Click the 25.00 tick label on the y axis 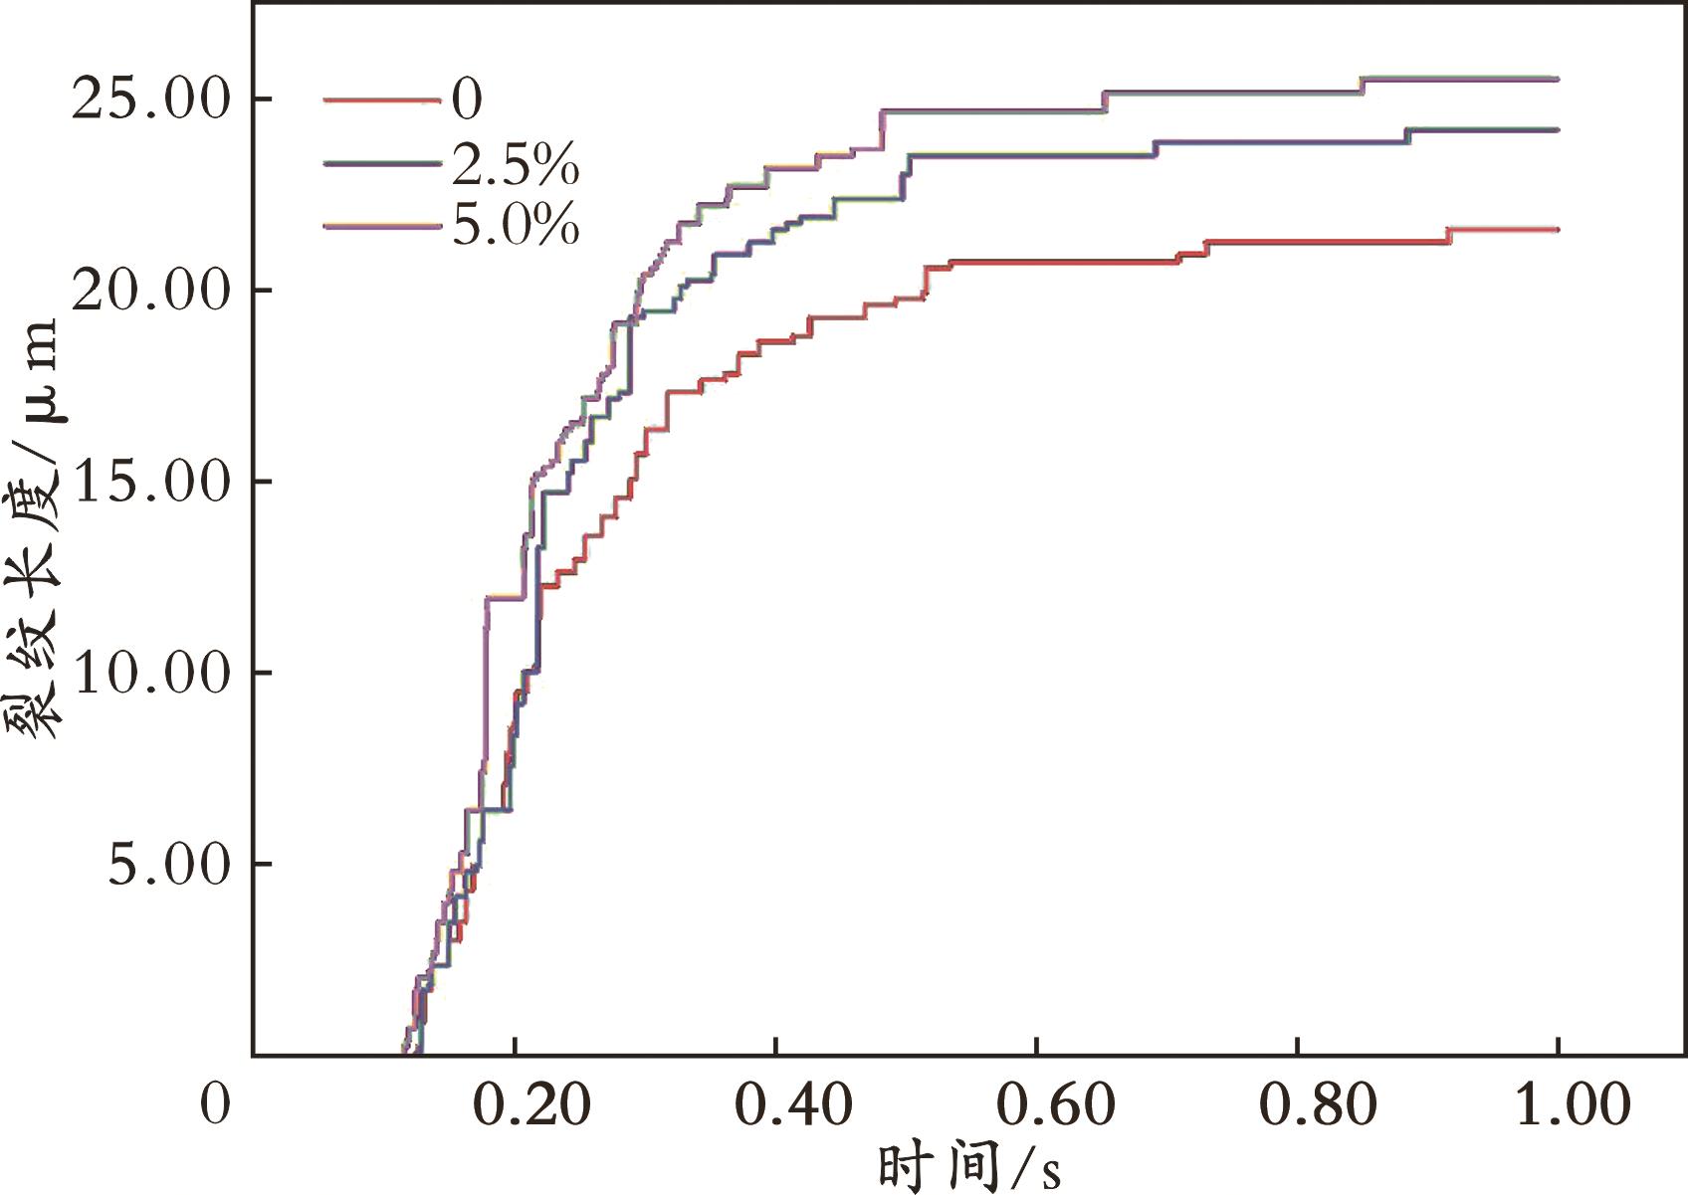click(x=150, y=100)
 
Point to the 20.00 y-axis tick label click(x=150, y=291)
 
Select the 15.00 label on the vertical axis click(x=150, y=482)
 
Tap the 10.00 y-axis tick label click(x=150, y=673)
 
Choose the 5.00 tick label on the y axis click(x=169, y=864)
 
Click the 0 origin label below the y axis click(x=215, y=1103)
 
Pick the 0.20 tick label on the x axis click(x=531, y=1105)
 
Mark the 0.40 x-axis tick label click(x=793, y=1105)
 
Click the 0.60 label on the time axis click(x=1056, y=1105)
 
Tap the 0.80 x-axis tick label click(x=1318, y=1105)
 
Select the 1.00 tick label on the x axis click(x=1573, y=1105)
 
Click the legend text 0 click(x=467, y=99)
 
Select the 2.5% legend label click(x=516, y=163)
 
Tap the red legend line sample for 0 click(x=381, y=100)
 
